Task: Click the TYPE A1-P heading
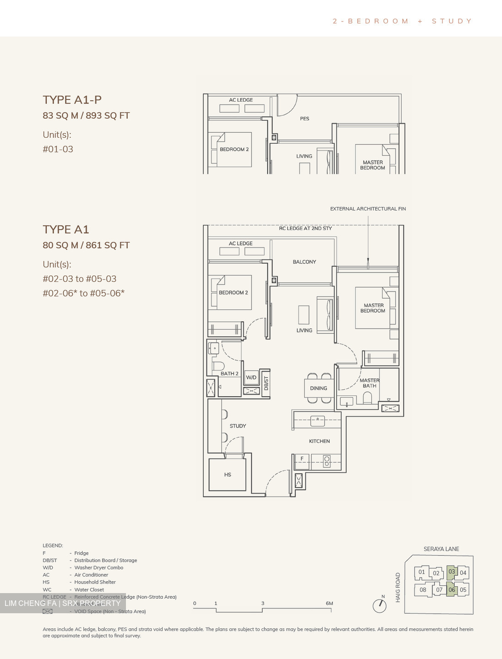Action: tap(72, 100)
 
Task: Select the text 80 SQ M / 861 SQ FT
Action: tap(86, 245)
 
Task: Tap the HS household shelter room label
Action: tap(228, 475)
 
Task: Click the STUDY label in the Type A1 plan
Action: tap(238, 426)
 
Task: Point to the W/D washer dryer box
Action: tap(251, 378)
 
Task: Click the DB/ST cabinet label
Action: tap(266, 383)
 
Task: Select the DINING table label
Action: tap(318, 389)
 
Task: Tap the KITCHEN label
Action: tap(319, 441)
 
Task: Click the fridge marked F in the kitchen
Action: tap(302, 459)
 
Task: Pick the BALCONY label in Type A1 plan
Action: tap(304, 262)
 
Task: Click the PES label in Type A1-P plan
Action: tap(305, 119)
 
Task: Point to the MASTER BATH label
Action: tap(370, 383)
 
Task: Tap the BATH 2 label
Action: tap(229, 374)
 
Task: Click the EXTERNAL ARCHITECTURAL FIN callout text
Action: tap(368, 209)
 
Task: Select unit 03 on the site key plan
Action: tap(452, 572)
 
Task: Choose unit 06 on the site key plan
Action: tap(452, 589)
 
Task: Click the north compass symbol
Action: tap(379, 605)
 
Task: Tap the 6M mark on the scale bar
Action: tap(329, 604)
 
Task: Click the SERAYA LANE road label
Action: tap(441, 549)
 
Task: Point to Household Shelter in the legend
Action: tap(95, 582)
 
